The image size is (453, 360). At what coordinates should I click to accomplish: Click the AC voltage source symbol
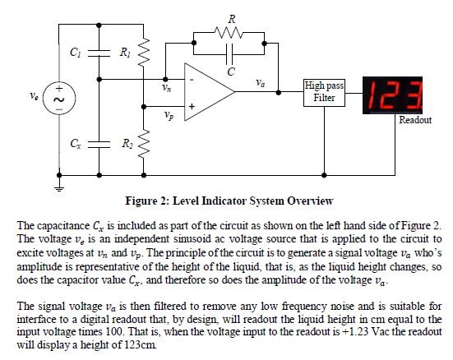(x=59, y=97)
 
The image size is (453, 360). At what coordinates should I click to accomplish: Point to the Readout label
(x=415, y=121)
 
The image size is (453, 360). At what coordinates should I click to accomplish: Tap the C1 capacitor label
(x=76, y=53)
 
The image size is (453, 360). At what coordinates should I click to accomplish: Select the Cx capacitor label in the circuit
(x=76, y=143)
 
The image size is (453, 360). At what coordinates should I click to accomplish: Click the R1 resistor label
(x=125, y=53)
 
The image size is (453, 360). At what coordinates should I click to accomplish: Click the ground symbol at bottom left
(x=60, y=187)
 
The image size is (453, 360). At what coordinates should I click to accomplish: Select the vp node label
(x=168, y=115)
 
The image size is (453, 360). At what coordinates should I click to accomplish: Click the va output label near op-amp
(x=260, y=82)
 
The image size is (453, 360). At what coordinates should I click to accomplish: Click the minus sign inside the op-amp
(x=192, y=80)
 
